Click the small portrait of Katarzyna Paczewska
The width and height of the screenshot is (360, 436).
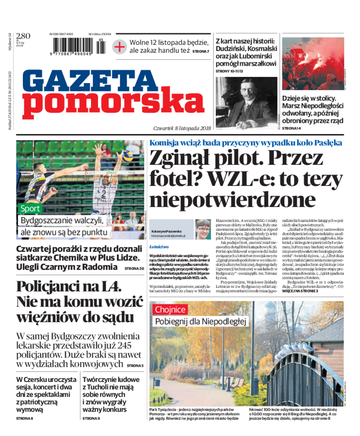(202, 229)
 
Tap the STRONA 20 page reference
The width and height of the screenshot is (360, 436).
(134, 268)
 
